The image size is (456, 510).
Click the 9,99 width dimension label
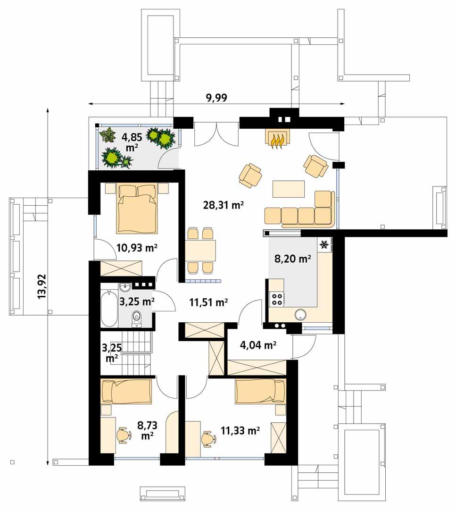tap(216, 98)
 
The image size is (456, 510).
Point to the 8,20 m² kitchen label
tap(292, 258)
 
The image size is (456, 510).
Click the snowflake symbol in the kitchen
tap(324, 244)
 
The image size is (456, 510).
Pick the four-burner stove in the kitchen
tap(276, 298)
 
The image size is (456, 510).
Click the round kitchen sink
tap(300, 315)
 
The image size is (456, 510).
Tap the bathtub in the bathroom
tap(109, 309)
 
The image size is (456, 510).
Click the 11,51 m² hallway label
tap(208, 302)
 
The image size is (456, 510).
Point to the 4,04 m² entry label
tap(258, 345)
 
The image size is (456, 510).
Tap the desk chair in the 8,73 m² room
tap(124, 435)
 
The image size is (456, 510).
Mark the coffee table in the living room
tap(289, 189)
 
